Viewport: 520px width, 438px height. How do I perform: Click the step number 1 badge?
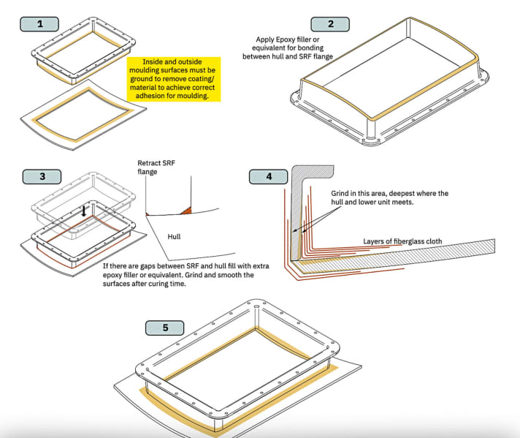40,24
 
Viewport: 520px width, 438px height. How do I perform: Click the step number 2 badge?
330,24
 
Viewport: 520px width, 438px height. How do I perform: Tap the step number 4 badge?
269,176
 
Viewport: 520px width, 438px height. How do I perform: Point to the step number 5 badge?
166,327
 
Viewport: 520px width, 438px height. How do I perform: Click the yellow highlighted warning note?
173,79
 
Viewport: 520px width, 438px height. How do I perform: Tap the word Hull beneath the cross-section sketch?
175,237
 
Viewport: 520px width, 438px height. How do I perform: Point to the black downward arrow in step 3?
85,211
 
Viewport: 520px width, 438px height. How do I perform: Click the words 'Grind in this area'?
356,194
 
